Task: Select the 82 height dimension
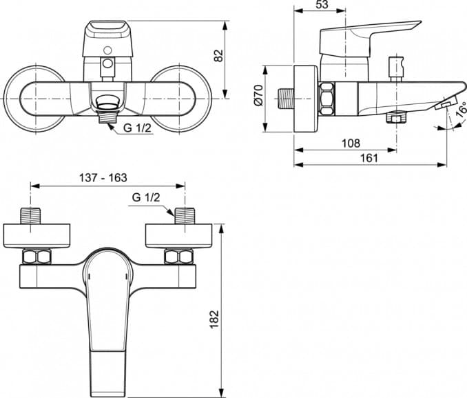coord(220,56)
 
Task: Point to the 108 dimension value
coord(351,143)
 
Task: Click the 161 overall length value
coord(369,158)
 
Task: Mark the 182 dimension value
coord(214,319)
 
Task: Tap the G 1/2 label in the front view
coord(137,128)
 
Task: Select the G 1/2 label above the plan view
coord(146,198)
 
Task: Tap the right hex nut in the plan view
coord(178,257)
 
